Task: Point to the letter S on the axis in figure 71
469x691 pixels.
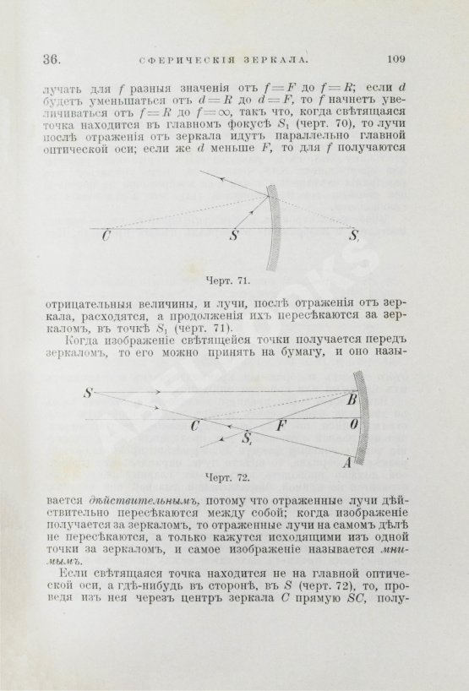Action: click(x=233, y=238)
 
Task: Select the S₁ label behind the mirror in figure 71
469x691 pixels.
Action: click(x=355, y=237)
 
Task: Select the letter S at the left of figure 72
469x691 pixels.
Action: click(x=87, y=393)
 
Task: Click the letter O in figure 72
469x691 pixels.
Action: click(x=356, y=425)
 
